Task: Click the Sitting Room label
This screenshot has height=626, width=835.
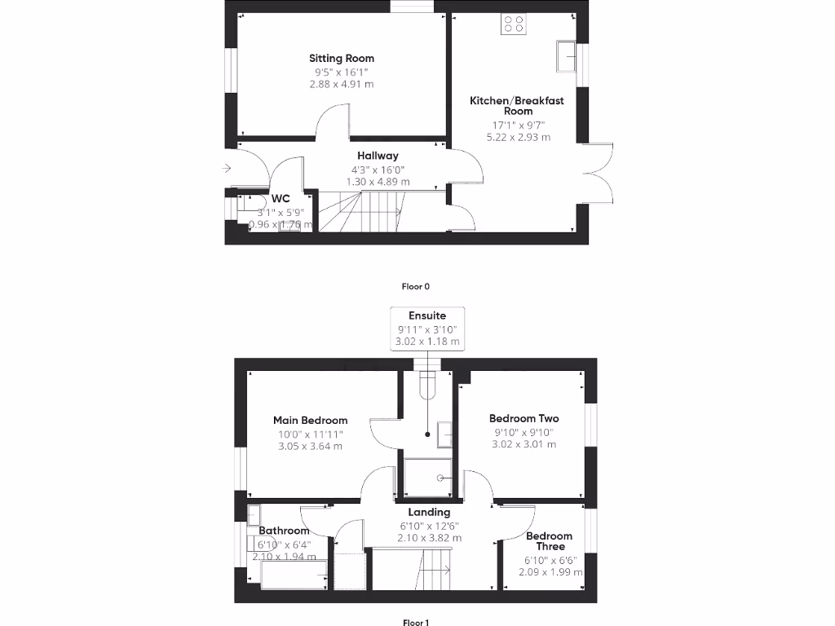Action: (341, 58)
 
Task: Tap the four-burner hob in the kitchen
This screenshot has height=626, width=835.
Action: (514, 24)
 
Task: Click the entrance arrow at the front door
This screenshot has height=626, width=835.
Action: (226, 169)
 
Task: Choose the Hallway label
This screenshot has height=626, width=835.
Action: (377, 156)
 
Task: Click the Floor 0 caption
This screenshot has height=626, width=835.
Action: (415, 286)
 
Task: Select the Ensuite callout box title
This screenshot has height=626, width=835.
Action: (427, 315)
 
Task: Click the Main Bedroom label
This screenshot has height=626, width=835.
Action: (310, 421)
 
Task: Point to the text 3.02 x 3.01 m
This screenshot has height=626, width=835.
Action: (524, 444)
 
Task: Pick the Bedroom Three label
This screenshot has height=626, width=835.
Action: (549, 541)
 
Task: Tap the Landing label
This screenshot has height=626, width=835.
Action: (429, 512)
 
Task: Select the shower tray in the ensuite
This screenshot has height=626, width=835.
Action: (428, 478)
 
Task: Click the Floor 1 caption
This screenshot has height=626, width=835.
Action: (415, 623)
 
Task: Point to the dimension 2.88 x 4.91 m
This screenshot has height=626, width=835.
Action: (341, 84)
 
